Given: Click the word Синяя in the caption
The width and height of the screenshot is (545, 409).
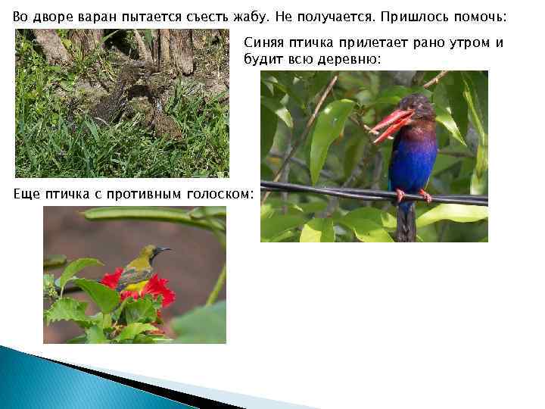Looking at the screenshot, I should click(x=263, y=44).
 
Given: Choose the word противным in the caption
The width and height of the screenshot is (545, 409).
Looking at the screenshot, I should click(x=145, y=195).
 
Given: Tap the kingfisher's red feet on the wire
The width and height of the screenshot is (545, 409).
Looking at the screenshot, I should click(x=413, y=195).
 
